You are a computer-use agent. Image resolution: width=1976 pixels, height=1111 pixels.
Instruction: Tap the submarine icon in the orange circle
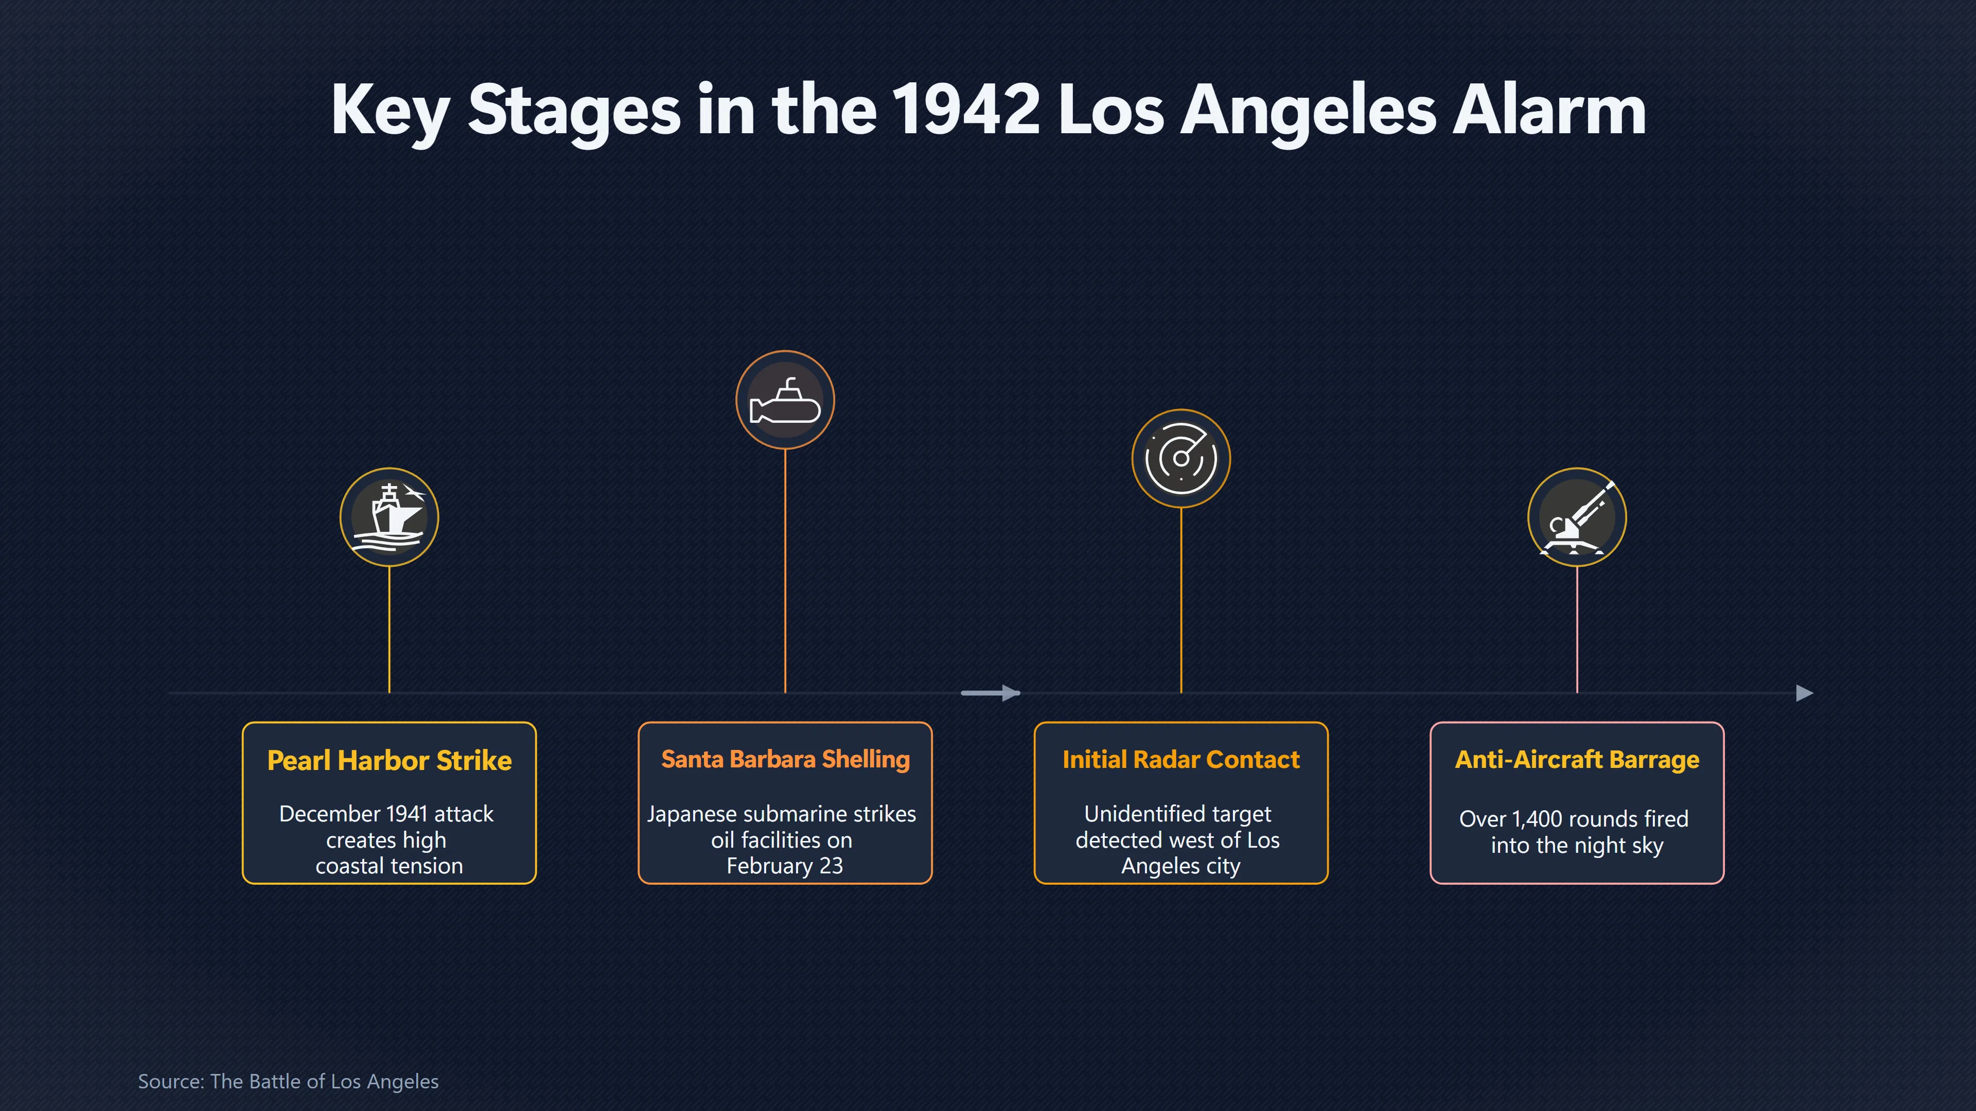(785, 400)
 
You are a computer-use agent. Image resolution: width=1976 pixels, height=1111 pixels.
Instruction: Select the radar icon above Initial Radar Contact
(1180, 458)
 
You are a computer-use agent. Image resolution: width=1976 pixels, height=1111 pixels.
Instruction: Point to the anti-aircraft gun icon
(1577, 517)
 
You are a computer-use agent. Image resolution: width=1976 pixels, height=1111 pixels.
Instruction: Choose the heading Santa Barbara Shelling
(785, 759)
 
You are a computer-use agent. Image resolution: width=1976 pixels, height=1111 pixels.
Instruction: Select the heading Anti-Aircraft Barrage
(1577, 759)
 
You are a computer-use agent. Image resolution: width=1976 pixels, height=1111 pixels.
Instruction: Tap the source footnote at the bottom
(288, 1081)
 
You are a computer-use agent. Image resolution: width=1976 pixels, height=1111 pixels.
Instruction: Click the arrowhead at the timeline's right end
(1805, 693)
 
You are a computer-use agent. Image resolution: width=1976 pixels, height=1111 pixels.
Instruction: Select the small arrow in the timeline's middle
(990, 693)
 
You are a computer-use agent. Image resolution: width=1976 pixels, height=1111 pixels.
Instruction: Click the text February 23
(785, 866)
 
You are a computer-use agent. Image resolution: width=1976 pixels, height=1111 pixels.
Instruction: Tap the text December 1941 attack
(386, 814)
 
